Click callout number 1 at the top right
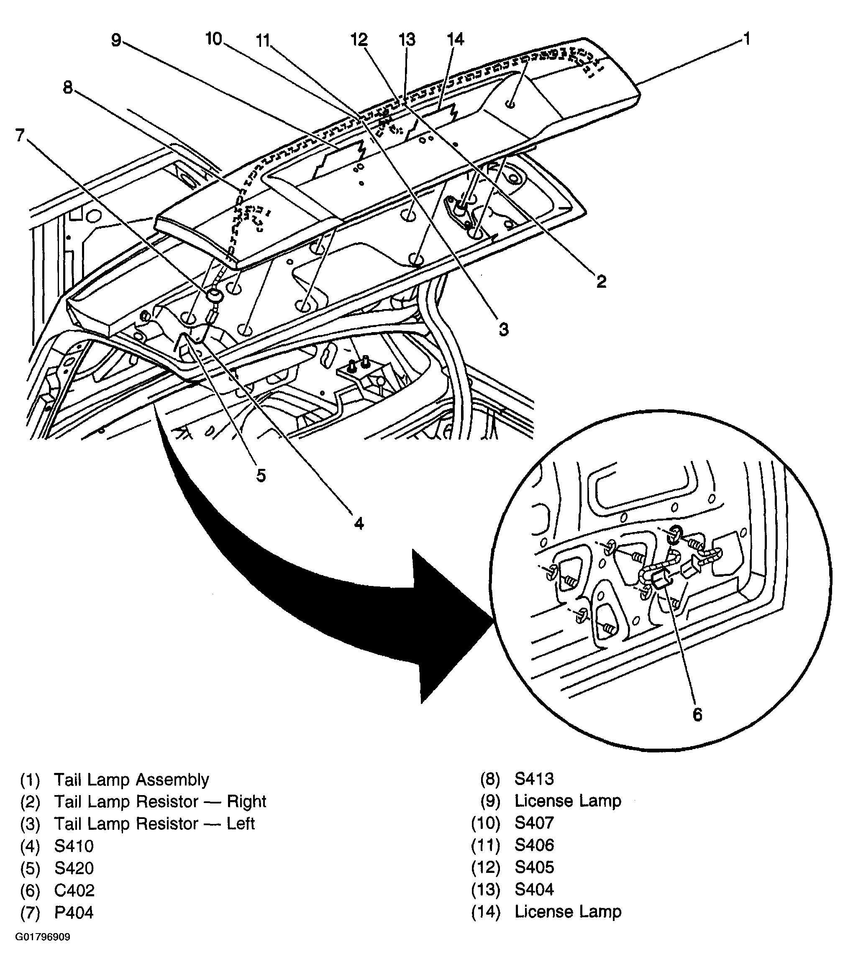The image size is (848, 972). click(x=747, y=39)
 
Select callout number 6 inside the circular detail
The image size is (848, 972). click(x=697, y=715)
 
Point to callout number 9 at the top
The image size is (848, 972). click(x=116, y=41)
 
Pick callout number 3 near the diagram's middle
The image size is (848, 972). click(x=504, y=329)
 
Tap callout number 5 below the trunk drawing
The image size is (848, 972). click(x=261, y=476)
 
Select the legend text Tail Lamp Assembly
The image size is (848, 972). click(x=131, y=780)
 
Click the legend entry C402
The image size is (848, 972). click(x=74, y=890)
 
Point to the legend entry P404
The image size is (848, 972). click(x=74, y=913)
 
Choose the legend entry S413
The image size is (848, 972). click(x=534, y=779)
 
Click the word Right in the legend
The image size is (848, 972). click(x=246, y=802)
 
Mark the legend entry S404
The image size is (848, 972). click(x=534, y=890)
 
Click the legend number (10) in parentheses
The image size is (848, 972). click(x=486, y=824)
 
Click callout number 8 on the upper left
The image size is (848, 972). click(x=68, y=87)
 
